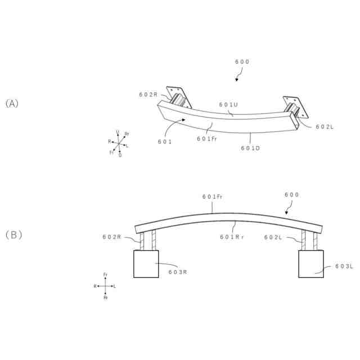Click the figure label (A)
(12, 103)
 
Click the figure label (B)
(13, 235)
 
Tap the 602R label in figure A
(148, 94)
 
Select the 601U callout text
(228, 105)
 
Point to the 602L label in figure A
(325, 127)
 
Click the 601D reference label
(250, 148)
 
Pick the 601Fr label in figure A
(207, 138)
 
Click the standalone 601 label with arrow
(164, 142)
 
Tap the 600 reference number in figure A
(242, 62)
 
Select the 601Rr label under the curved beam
(232, 237)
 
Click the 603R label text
(177, 271)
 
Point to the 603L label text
(344, 266)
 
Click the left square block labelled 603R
(146, 264)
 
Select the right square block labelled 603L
(310, 264)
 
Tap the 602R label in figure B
(112, 237)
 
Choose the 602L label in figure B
(273, 237)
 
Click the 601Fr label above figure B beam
(212, 196)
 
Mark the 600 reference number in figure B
(291, 195)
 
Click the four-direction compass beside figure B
(105, 286)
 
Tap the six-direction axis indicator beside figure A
(119, 144)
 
